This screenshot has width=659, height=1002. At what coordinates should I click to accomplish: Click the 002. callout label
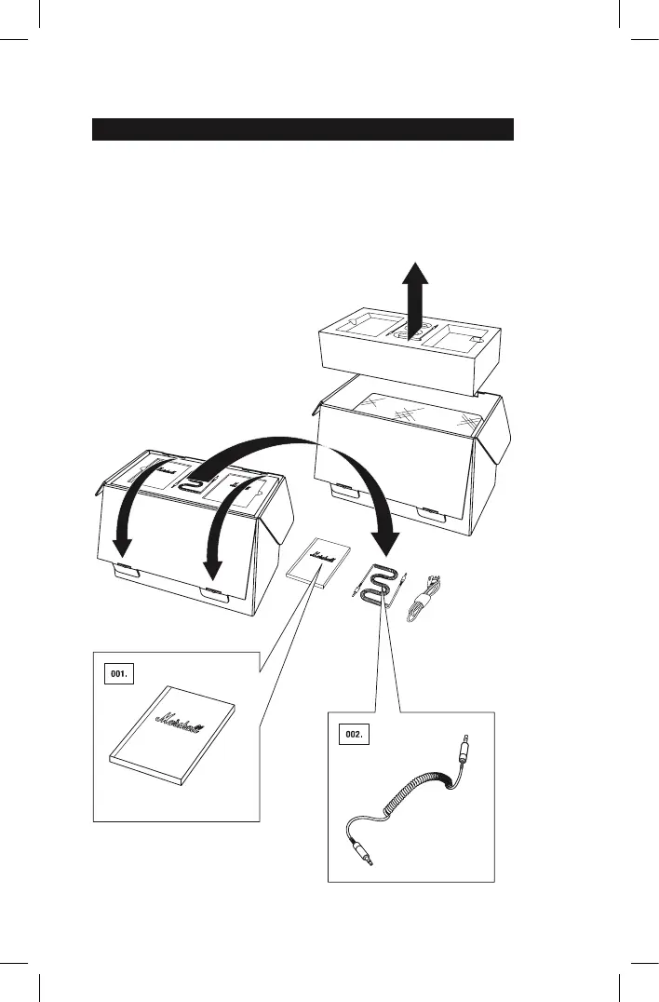(353, 736)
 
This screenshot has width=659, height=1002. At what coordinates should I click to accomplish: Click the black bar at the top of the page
(303, 129)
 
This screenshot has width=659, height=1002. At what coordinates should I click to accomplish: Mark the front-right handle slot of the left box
(211, 593)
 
